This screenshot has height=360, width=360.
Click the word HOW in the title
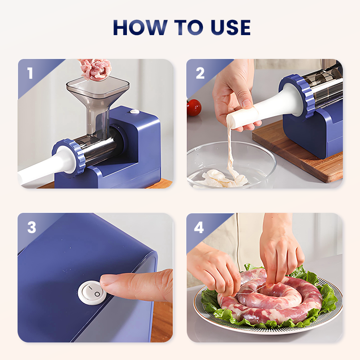click(140, 27)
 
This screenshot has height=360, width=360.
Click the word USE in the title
click(230, 27)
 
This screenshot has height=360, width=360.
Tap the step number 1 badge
click(30, 73)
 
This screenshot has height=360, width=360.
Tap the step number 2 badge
click(200, 73)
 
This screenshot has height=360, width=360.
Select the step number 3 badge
click(31, 227)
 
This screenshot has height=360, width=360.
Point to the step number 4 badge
click(199, 227)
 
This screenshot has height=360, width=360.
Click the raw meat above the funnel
click(95, 69)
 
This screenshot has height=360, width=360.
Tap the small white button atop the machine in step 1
click(135, 112)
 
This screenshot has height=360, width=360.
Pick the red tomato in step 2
click(194, 108)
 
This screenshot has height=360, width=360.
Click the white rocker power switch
click(92, 293)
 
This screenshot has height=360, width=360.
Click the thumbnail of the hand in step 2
click(247, 103)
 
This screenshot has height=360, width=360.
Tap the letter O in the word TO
click(194, 27)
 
